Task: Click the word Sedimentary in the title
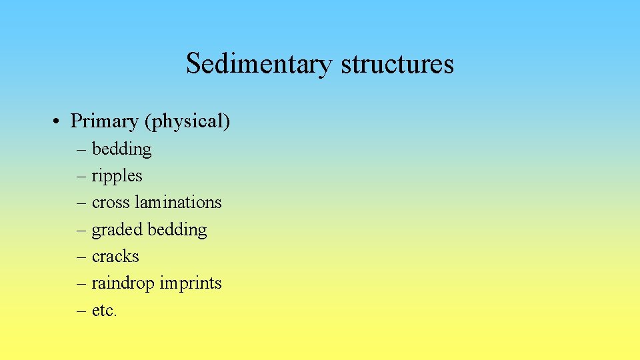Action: click(259, 64)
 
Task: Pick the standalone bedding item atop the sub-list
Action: click(122, 149)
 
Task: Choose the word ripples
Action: click(117, 176)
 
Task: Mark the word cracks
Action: click(115, 257)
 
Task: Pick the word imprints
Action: click(191, 283)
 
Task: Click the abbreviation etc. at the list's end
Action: click(104, 311)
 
